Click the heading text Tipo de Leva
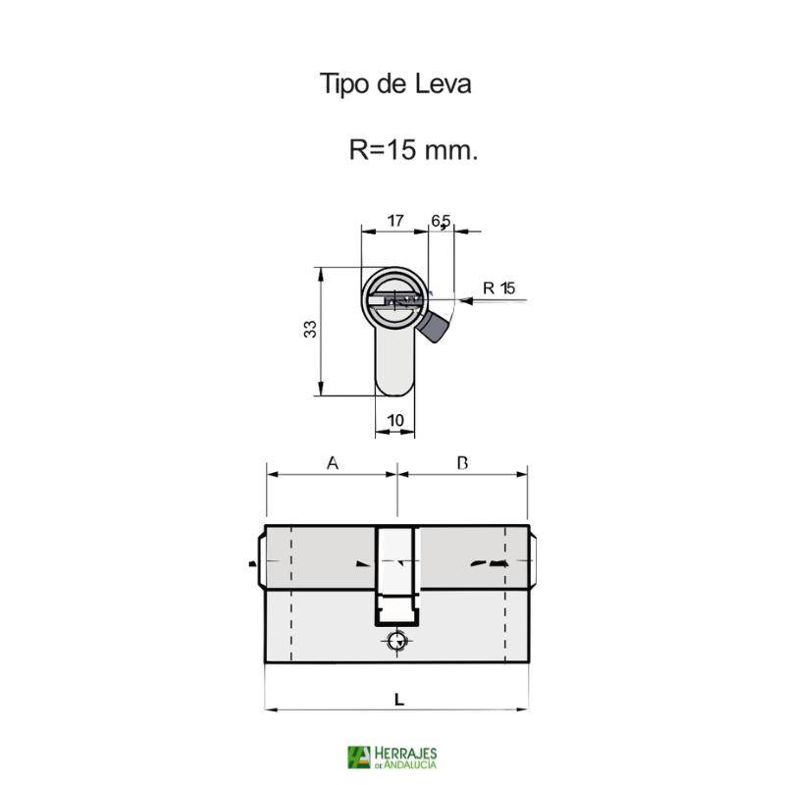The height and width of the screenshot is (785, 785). [x=394, y=84]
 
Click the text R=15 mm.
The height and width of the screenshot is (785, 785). [x=413, y=151]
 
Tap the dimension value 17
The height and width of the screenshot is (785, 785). [x=394, y=221]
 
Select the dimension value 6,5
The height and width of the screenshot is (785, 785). [x=441, y=221]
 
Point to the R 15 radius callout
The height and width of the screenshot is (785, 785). [x=498, y=288]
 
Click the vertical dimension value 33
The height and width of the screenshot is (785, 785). [x=309, y=330]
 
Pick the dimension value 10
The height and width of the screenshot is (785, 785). [x=395, y=420]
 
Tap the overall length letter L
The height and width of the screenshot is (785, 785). [x=397, y=699]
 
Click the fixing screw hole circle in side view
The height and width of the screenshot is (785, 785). [x=395, y=641]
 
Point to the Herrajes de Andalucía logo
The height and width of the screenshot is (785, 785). [x=392, y=757]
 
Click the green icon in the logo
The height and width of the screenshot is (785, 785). [x=358, y=757]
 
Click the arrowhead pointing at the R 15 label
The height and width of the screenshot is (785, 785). [x=463, y=301]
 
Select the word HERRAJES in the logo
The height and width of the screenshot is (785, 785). [x=404, y=752]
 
